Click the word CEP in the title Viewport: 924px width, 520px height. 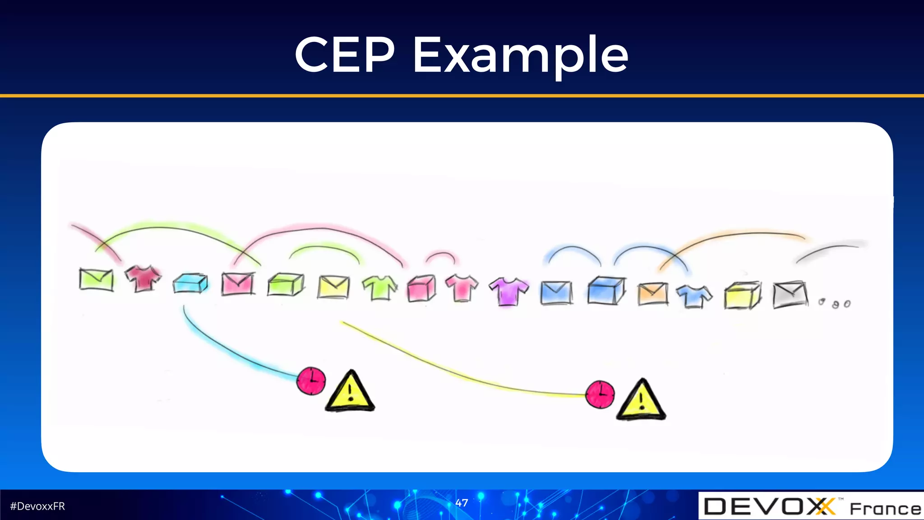click(345, 55)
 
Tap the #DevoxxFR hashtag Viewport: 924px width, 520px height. click(37, 506)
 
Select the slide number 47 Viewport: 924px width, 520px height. click(462, 503)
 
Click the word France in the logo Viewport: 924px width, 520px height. click(885, 509)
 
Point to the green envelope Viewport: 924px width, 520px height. click(96, 279)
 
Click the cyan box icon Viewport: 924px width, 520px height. click(190, 283)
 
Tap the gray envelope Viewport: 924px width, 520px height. click(790, 294)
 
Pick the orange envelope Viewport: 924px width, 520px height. click(652, 293)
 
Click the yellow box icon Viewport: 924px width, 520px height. click(742, 295)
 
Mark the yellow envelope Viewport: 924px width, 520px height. click(333, 287)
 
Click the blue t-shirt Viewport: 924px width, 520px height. click(694, 296)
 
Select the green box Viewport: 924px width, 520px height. click(286, 284)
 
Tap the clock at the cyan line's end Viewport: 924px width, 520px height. click(311, 381)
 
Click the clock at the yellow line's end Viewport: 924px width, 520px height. click(600, 395)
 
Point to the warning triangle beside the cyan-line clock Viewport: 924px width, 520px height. click(350, 392)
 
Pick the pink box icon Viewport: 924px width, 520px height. click(422, 288)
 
